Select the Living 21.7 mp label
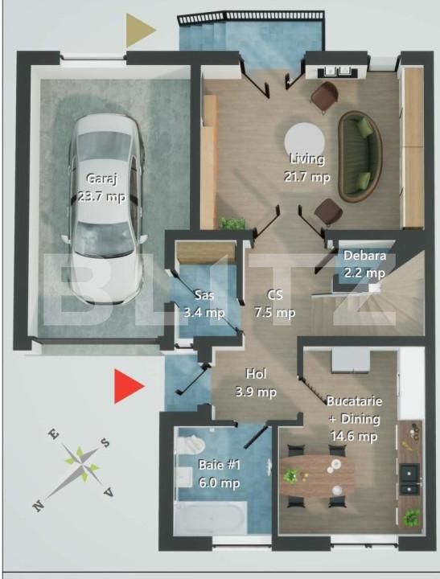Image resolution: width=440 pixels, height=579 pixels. click(306, 167)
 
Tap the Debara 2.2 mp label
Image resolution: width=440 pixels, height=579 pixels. click(364, 265)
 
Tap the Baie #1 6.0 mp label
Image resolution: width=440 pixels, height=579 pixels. click(219, 474)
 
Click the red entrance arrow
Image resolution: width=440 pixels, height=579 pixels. click(128, 386)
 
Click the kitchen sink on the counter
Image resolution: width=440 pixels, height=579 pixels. click(410, 477)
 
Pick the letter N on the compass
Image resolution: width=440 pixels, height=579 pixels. click(38, 505)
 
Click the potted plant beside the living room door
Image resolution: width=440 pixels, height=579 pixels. click(233, 223)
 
